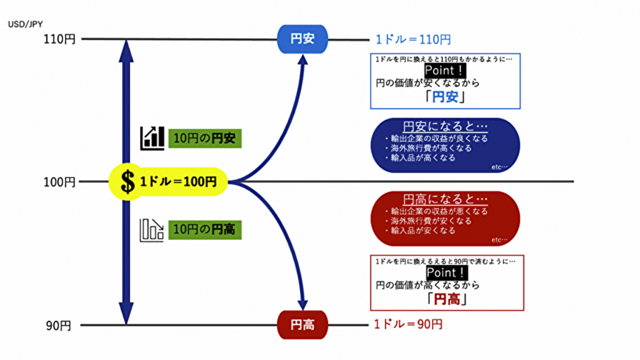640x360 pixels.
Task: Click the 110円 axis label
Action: click(59, 39)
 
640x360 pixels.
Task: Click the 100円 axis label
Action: click(59, 182)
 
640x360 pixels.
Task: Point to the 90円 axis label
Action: click(62, 326)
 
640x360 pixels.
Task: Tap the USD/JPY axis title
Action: click(24, 25)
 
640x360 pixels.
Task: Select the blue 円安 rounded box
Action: click(302, 39)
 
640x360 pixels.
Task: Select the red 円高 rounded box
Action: click(302, 326)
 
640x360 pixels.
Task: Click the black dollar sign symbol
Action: click(127, 182)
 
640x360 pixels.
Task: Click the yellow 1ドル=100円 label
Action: click(177, 182)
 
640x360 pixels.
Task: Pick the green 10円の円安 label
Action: click(204, 138)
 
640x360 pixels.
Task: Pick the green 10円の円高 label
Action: click(204, 229)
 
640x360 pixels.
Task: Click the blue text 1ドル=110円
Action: click(412, 39)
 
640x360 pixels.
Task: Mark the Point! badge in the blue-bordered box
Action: click(445, 70)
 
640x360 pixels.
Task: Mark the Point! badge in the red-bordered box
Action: click(446, 273)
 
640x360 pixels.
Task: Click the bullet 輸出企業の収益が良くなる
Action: click(437, 138)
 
